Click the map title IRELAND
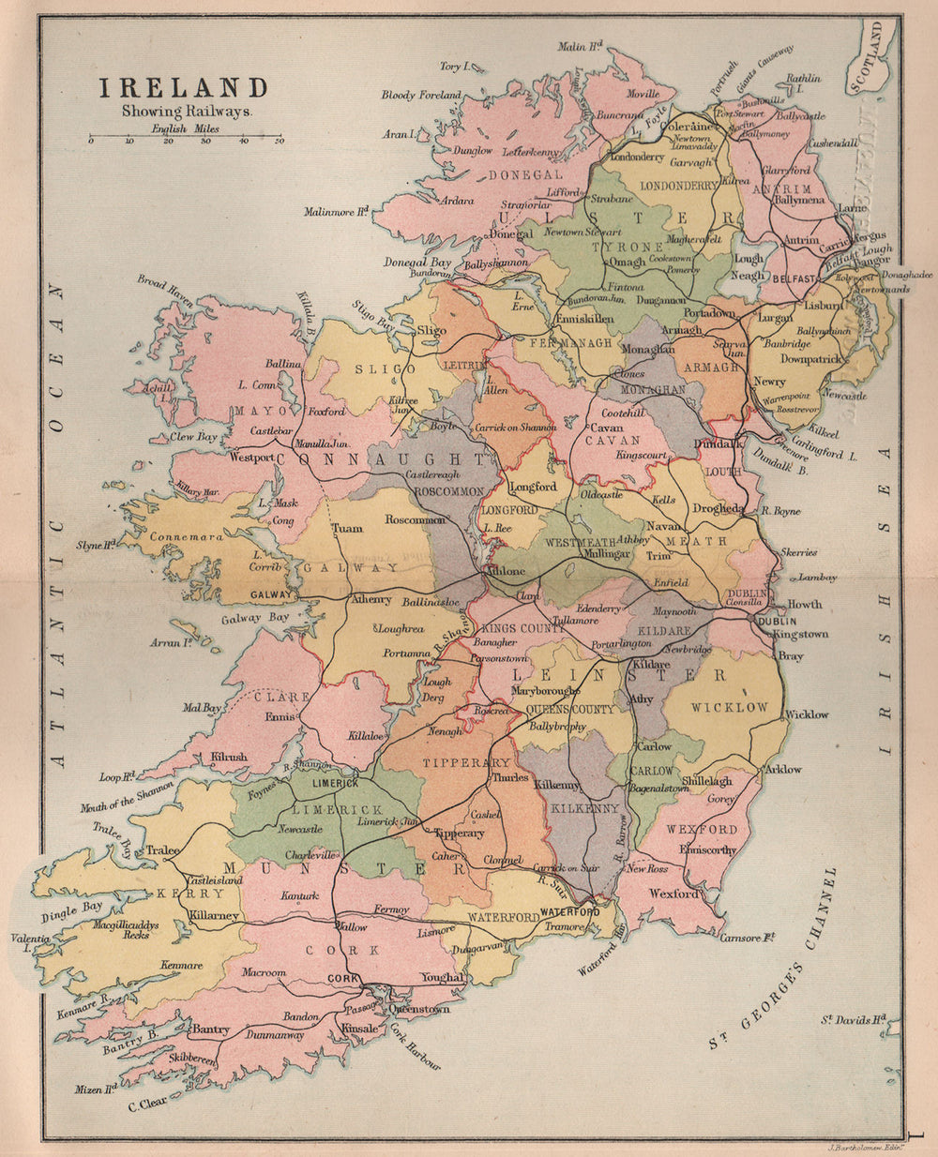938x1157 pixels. coord(184,88)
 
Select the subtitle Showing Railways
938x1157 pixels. coord(186,111)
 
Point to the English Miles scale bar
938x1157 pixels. coord(185,137)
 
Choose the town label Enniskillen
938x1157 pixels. coord(584,319)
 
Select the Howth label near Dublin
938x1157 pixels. coord(804,604)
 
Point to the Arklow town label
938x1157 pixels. coord(783,769)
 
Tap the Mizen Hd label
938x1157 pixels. coord(96,1089)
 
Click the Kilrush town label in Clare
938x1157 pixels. coord(228,756)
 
